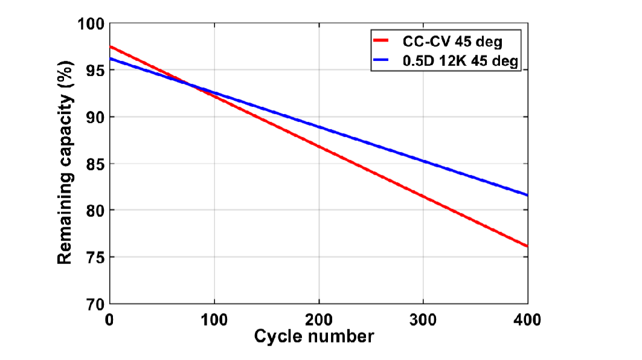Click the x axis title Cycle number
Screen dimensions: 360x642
coord(314,336)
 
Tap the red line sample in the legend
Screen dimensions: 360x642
coord(384,42)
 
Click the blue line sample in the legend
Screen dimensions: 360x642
coord(384,61)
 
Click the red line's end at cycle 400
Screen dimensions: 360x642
coord(527,246)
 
